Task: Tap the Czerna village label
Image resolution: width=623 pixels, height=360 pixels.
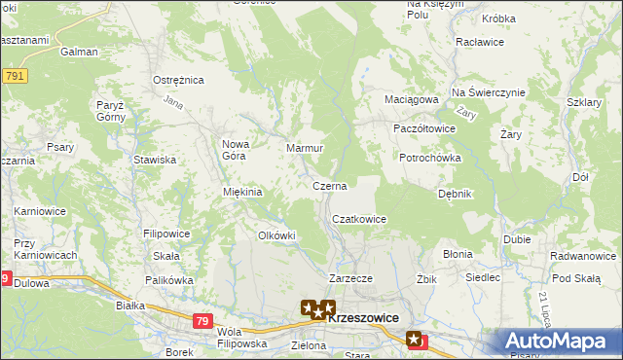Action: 330,184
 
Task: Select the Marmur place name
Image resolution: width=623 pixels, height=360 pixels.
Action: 304,148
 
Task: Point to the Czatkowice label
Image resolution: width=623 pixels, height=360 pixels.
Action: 359,220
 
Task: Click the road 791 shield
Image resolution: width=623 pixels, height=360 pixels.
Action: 14,75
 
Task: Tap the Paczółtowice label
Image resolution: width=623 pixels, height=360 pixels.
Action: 423,128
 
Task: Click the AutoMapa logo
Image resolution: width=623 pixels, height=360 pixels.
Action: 559,342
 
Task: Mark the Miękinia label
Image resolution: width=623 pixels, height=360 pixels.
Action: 243,192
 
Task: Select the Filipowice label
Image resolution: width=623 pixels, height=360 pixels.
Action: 166,234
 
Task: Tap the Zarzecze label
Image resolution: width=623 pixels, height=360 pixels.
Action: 350,278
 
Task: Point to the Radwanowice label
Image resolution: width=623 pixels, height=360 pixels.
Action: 582,256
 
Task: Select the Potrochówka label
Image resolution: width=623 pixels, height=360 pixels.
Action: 429,158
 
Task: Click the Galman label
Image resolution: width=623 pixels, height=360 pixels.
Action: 79,53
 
